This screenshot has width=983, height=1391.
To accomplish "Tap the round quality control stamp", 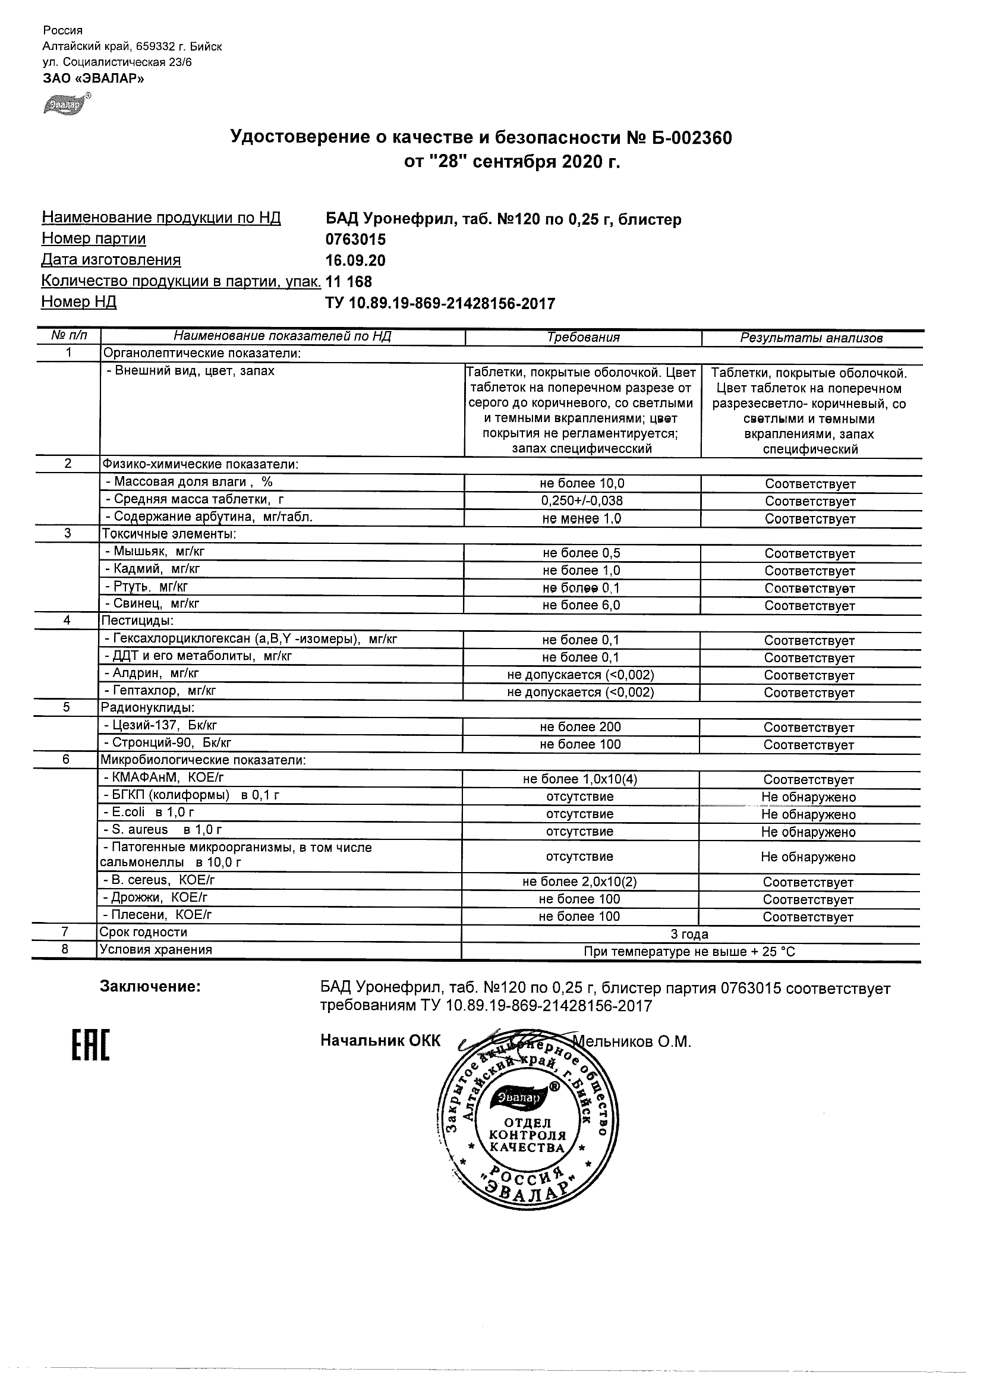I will point(527,1120).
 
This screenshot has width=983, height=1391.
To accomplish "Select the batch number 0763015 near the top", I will point(355,240).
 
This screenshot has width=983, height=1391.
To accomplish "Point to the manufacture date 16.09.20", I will point(355,260).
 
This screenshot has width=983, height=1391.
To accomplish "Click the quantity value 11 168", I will point(349,282).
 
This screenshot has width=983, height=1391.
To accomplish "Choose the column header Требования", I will point(582,338).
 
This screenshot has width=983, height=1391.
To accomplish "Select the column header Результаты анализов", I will point(811,338).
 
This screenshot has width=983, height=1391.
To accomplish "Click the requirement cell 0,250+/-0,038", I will point(582,501).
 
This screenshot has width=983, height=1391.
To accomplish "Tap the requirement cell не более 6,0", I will point(581,605).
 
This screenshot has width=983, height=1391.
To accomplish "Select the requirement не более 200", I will point(580,727).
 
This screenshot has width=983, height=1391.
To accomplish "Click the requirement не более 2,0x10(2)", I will point(579,882).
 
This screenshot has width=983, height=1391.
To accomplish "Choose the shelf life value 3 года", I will point(689,934).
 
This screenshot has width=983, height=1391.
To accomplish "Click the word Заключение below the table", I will point(150,987).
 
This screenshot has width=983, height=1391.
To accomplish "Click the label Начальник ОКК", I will point(380,1041).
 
